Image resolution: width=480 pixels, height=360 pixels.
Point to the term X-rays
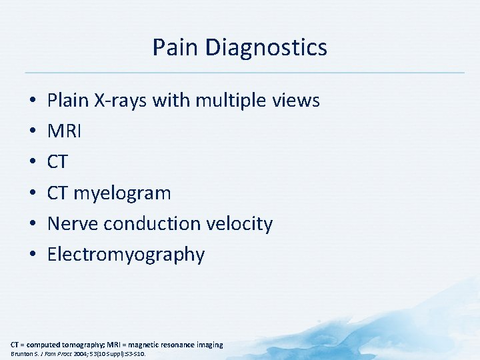pos(123,101)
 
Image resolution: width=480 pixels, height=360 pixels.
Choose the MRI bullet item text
pos(65,131)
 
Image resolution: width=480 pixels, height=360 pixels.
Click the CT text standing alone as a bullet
pos(57,162)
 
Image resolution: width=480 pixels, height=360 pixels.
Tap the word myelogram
pos(122,193)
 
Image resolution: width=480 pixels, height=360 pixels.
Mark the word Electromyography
pos(126,255)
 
